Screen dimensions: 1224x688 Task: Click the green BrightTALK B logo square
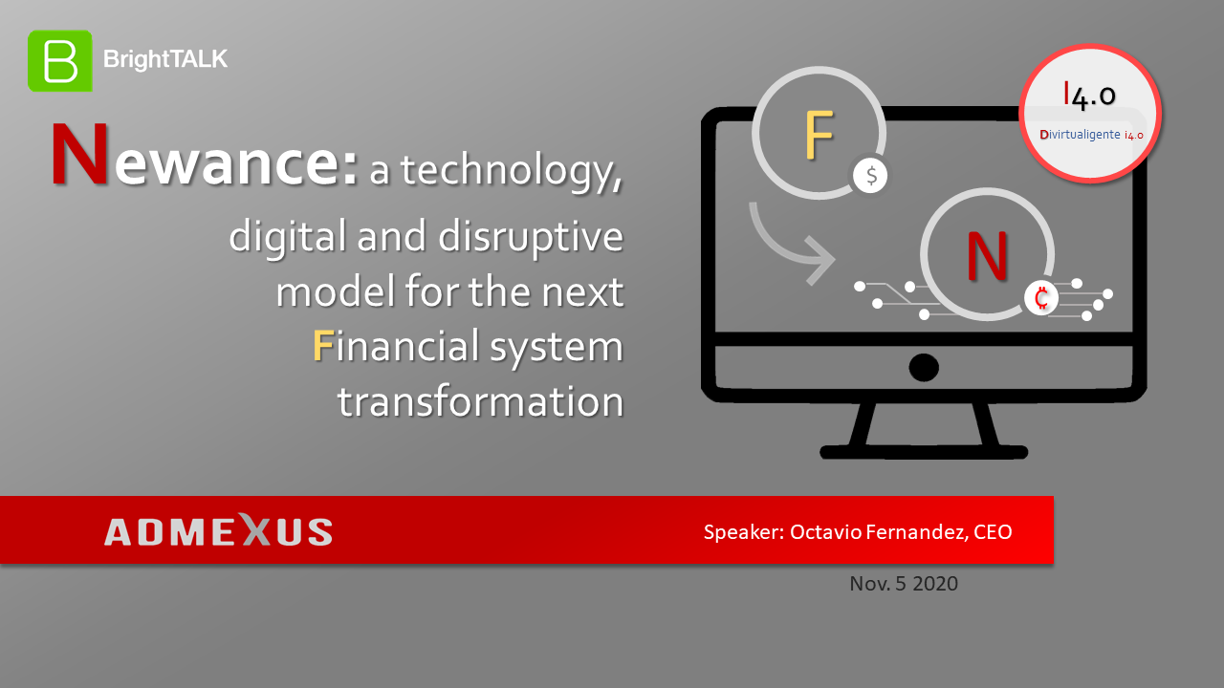[x=60, y=60]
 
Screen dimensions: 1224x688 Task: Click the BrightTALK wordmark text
[x=165, y=59]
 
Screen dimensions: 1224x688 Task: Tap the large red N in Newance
[x=79, y=154]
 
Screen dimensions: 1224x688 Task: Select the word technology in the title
[x=512, y=172]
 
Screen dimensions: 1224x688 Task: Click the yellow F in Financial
[x=323, y=346]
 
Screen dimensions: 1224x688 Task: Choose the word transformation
[x=481, y=401]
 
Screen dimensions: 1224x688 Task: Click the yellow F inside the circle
[x=820, y=135]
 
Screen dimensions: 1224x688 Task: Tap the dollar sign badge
[x=870, y=176]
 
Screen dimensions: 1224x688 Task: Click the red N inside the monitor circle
[x=987, y=255]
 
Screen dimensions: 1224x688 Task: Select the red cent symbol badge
[x=1041, y=298]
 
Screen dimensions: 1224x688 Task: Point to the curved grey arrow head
[x=820, y=261]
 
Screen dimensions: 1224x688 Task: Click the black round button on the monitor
[x=924, y=368]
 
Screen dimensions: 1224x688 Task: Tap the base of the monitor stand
[x=924, y=452]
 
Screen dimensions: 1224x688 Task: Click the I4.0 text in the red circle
[x=1089, y=96]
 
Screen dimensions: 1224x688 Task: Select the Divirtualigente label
[x=1080, y=135]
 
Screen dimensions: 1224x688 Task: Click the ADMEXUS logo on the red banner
[x=219, y=530]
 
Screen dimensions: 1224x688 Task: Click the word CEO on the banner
[x=993, y=532]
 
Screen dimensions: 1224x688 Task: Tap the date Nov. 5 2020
[x=904, y=584]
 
